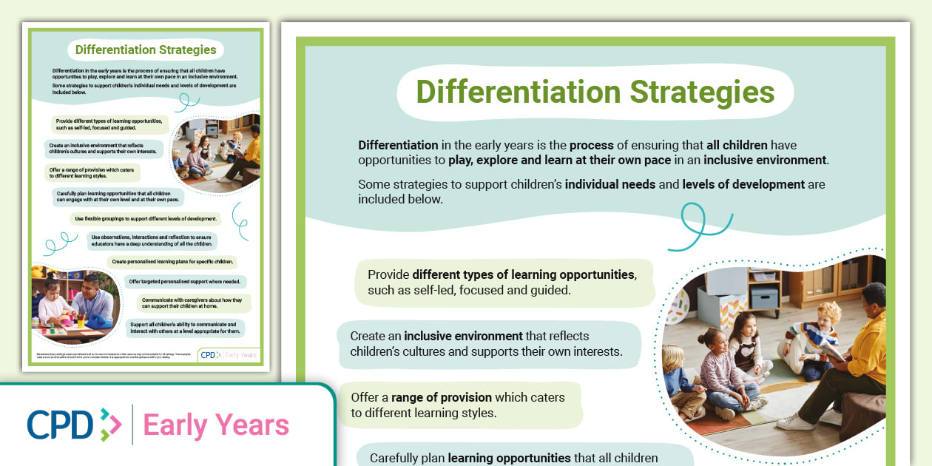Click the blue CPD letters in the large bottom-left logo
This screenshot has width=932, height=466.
[x=60, y=425]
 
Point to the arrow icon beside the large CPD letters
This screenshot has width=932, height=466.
[x=110, y=425]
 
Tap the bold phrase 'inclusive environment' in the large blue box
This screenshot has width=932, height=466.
[x=463, y=336]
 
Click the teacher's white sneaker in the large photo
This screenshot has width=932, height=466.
[x=796, y=422]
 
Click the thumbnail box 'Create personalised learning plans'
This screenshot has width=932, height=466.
[x=172, y=262]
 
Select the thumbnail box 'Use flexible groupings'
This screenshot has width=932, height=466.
[x=146, y=219]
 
